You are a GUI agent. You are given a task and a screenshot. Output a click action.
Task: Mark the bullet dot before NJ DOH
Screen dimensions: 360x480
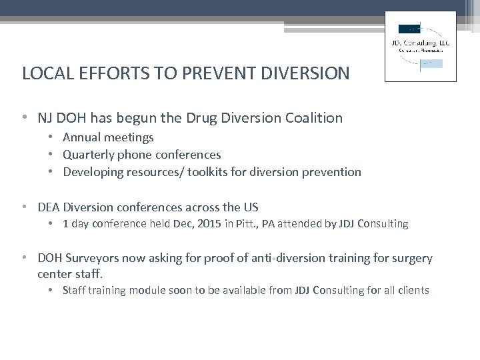[x=25, y=119]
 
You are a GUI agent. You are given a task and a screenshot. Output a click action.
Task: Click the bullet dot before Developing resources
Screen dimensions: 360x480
[x=53, y=172]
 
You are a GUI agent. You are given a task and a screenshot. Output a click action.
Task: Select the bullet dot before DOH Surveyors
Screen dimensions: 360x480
[x=25, y=258]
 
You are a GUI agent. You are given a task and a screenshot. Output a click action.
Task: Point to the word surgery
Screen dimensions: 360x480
[x=410, y=258]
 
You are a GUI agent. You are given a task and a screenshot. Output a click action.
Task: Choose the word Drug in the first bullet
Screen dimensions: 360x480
[x=175, y=118]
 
